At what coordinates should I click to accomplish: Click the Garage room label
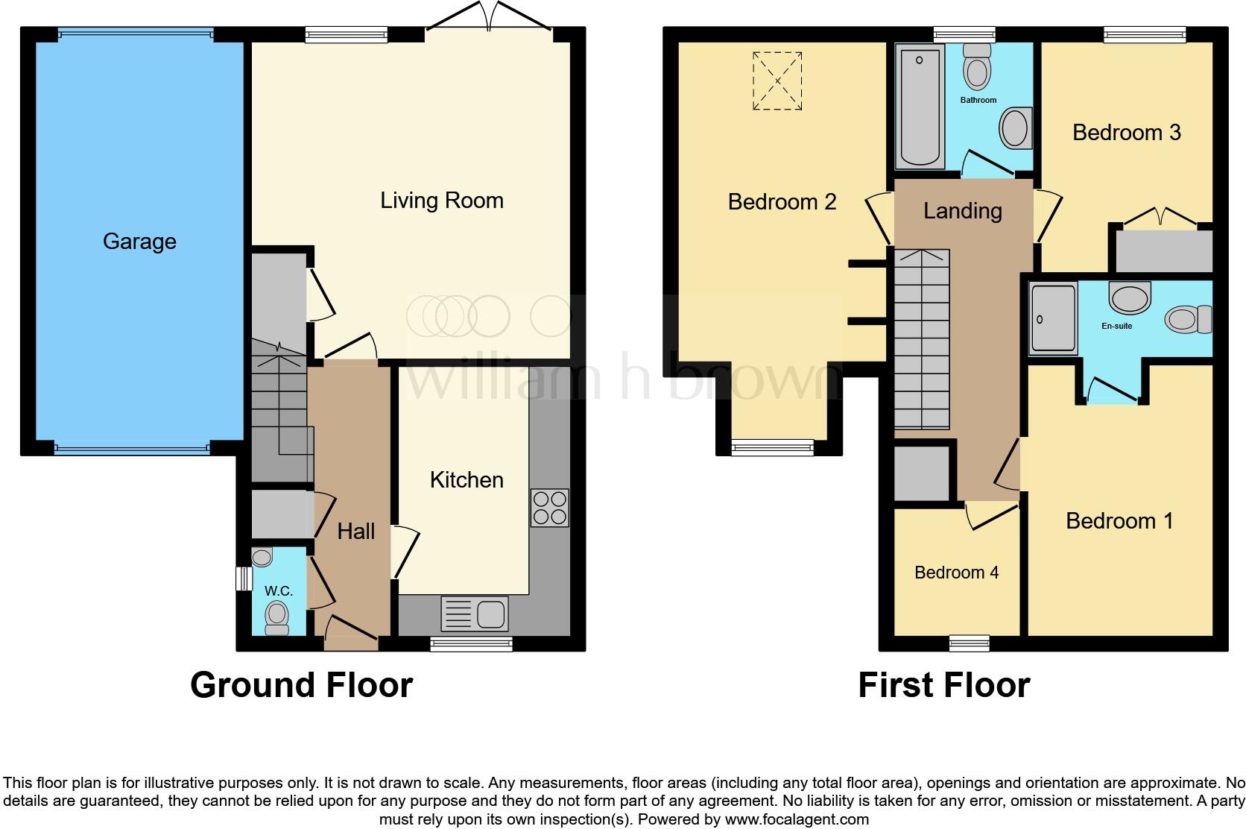(139, 242)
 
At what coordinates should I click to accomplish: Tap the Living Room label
(441, 201)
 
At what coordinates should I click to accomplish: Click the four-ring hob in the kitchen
(549, 508)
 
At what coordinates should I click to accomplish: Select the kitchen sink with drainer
(475, 614)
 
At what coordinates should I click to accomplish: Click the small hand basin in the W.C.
(262, 557)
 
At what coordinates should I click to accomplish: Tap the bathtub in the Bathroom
(921, 105)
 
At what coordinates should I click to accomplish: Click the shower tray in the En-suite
(1053, 318)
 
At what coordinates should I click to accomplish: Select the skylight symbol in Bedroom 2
(777, 81)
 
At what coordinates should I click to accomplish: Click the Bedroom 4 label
(956, 573)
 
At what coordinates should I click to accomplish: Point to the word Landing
(962, 211)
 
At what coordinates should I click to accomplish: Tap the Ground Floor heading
(301, 685)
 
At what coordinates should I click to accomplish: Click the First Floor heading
(943, 685)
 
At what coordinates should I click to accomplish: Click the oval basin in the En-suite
(1130, 297)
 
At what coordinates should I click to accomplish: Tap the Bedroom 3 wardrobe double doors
(1160, 217)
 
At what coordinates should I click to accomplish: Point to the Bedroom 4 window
(970, 643)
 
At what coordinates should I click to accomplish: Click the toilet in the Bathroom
(977, 68)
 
